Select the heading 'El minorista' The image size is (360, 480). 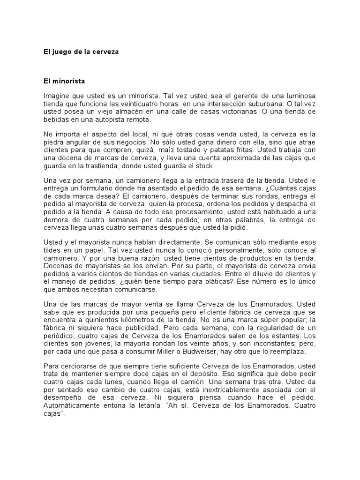(64, 81)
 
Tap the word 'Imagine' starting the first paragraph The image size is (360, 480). (56, 96)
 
